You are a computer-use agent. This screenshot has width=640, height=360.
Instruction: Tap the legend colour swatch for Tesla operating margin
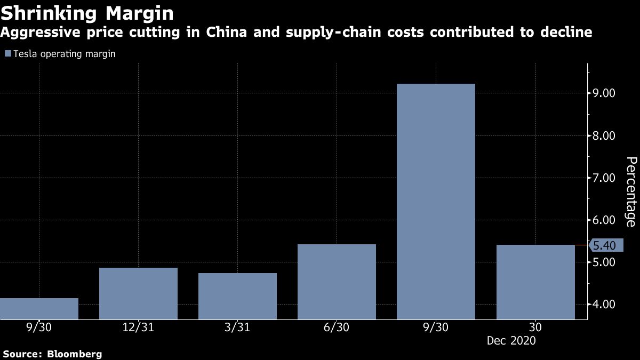(7, 54)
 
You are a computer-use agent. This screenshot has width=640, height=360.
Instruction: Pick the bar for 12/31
(138, 293)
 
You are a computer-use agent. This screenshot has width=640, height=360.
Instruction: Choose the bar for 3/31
(237, 296)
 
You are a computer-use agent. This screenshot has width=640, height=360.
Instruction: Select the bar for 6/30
(337, 282)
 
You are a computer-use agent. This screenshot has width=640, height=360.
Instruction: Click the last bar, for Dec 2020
(535, 282)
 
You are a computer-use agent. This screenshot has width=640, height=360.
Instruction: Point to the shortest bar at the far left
(39, 308)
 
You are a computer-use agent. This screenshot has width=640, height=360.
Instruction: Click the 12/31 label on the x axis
(138, 327)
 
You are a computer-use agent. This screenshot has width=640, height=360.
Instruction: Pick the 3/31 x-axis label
(237, 327)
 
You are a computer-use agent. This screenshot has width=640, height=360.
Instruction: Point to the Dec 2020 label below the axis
(510, 340)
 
